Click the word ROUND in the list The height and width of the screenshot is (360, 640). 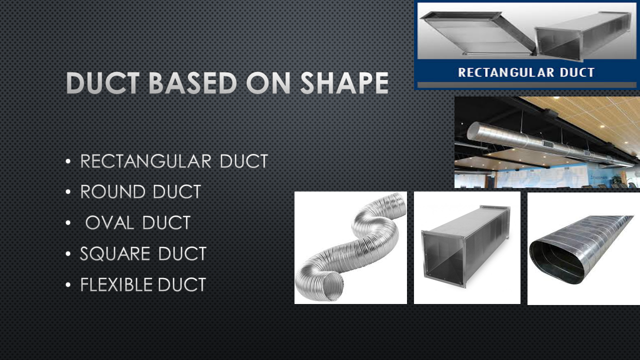coord(112,192)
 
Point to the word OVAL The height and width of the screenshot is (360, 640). coord(110,223)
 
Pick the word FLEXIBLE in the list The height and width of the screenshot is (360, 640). coord(116,285)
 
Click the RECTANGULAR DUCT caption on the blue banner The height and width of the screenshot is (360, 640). coord(526,72)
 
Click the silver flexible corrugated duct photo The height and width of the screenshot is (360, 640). coord(350,247)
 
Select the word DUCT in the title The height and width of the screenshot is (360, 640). coord(104,83)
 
